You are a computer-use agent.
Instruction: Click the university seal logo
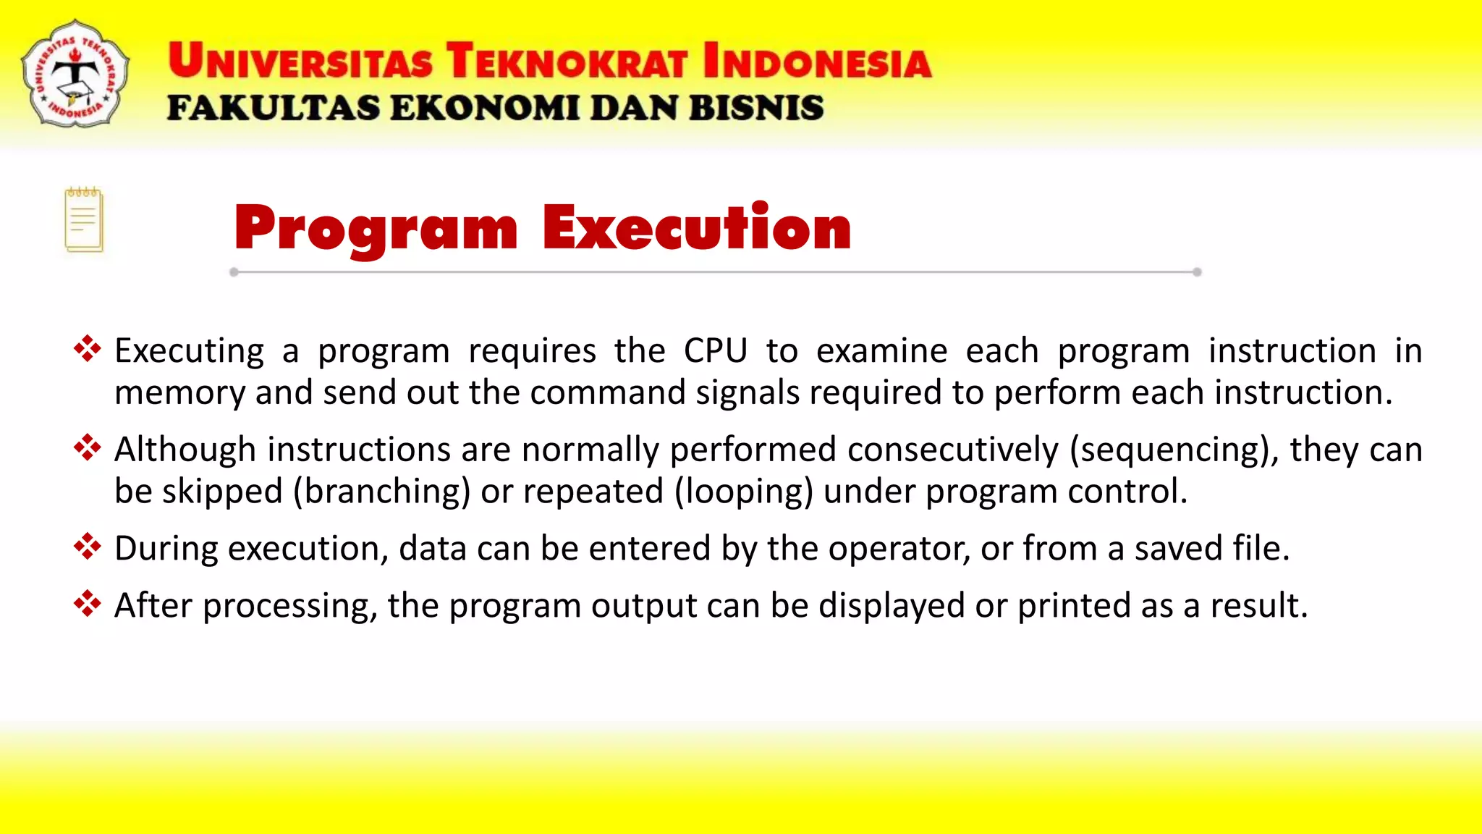(75, 75)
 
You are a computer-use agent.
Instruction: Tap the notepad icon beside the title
(84, 220)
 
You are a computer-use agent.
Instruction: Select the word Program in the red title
(376, 229)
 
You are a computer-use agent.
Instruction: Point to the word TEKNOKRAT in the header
(566, 61)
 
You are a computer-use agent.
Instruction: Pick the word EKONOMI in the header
(485, 108)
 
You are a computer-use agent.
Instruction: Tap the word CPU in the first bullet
(716, 351)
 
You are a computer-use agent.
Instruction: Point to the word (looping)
(744, 492)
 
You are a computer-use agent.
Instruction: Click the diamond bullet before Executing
(87, 349)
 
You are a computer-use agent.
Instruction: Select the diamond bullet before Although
(87, 447)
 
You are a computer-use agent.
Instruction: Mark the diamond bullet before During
(87, 547)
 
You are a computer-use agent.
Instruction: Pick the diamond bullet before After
(87, 604)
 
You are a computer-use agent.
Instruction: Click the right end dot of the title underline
(1197, 272)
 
